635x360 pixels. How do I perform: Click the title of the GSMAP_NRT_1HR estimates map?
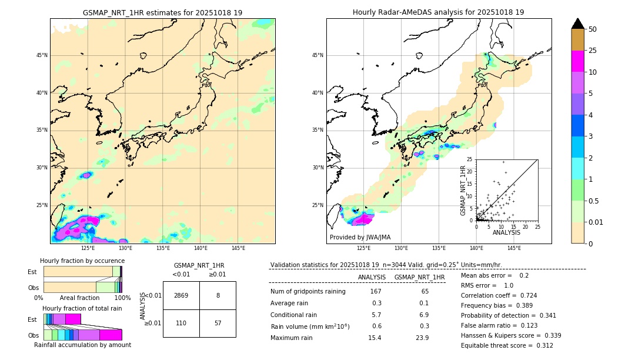162,12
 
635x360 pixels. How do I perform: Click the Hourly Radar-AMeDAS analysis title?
438,12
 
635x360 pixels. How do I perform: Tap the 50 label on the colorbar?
593,29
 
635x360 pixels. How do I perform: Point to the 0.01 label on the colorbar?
596,222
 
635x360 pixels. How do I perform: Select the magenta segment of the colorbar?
578,61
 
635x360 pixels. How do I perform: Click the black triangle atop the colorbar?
578,24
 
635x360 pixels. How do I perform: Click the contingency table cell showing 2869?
181,295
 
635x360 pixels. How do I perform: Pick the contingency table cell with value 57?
218,323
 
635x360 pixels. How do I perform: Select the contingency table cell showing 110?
181,323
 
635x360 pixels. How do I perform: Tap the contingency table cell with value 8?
218,295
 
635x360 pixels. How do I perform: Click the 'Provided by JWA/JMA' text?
360,237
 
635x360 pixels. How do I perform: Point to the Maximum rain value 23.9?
422,338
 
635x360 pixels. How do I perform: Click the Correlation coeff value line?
499,295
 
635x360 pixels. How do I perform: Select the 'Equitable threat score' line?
507,345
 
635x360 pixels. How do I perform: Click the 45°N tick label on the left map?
42,55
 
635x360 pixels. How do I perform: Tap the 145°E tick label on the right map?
514,248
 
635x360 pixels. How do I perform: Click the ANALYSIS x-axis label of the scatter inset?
506,232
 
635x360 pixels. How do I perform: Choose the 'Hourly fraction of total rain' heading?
82,308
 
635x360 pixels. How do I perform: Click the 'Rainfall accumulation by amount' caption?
82,345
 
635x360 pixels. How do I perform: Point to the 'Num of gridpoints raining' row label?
308,291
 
